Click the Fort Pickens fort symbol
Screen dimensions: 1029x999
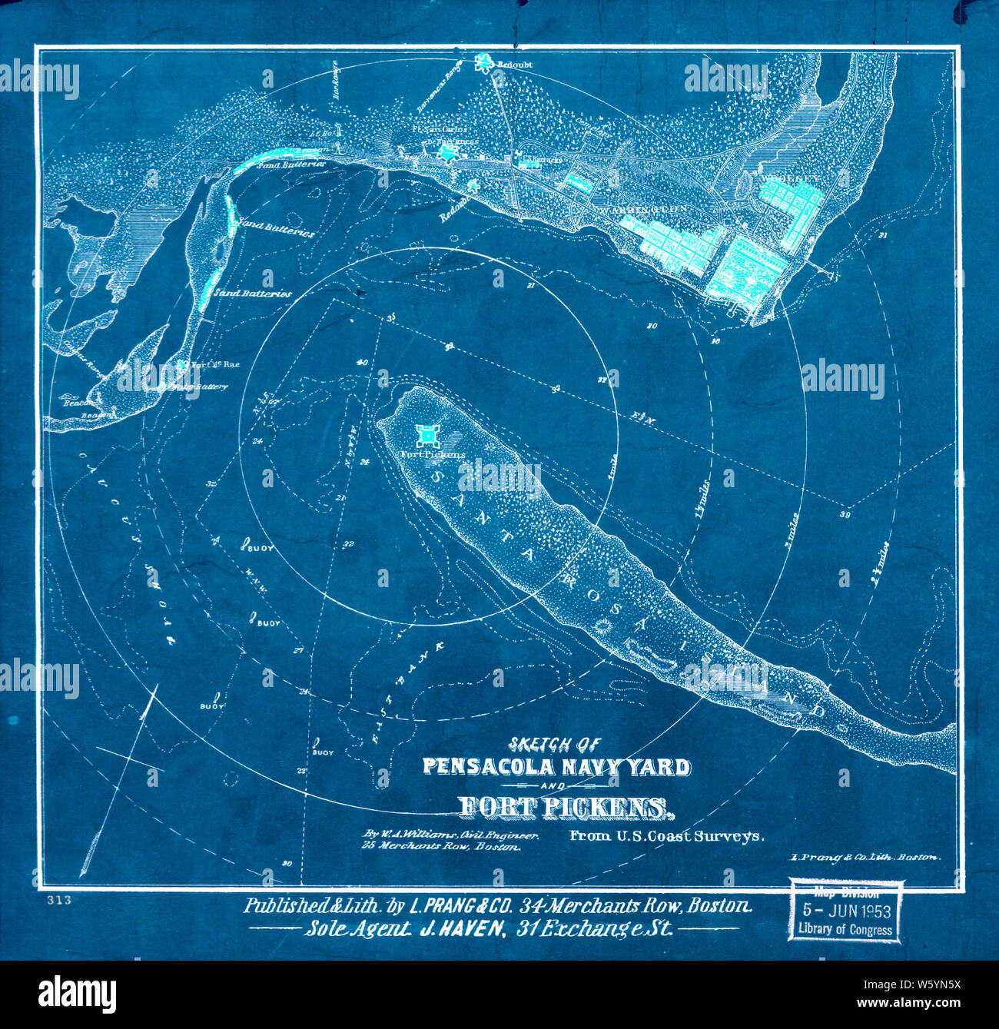(x=425, y=436)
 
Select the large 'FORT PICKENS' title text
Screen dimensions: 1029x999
(x=563, y=806)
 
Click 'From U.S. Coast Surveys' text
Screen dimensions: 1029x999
(x=666, y=836)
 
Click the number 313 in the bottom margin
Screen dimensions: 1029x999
(x=58, y=900)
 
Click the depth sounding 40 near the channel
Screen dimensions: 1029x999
(x=362, y=363)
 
